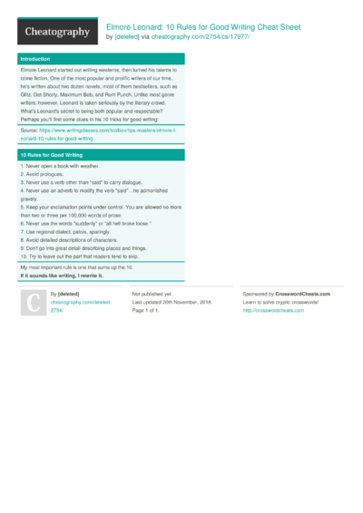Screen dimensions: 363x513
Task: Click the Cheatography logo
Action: [x=56, y=32]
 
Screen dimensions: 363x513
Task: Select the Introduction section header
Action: [x=36, y=59]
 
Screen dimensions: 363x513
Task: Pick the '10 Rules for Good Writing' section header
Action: [x=49, y=155]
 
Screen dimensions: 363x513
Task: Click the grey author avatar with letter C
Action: [x=34, y=305]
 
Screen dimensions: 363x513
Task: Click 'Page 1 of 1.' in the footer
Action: [x=148, y=311]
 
